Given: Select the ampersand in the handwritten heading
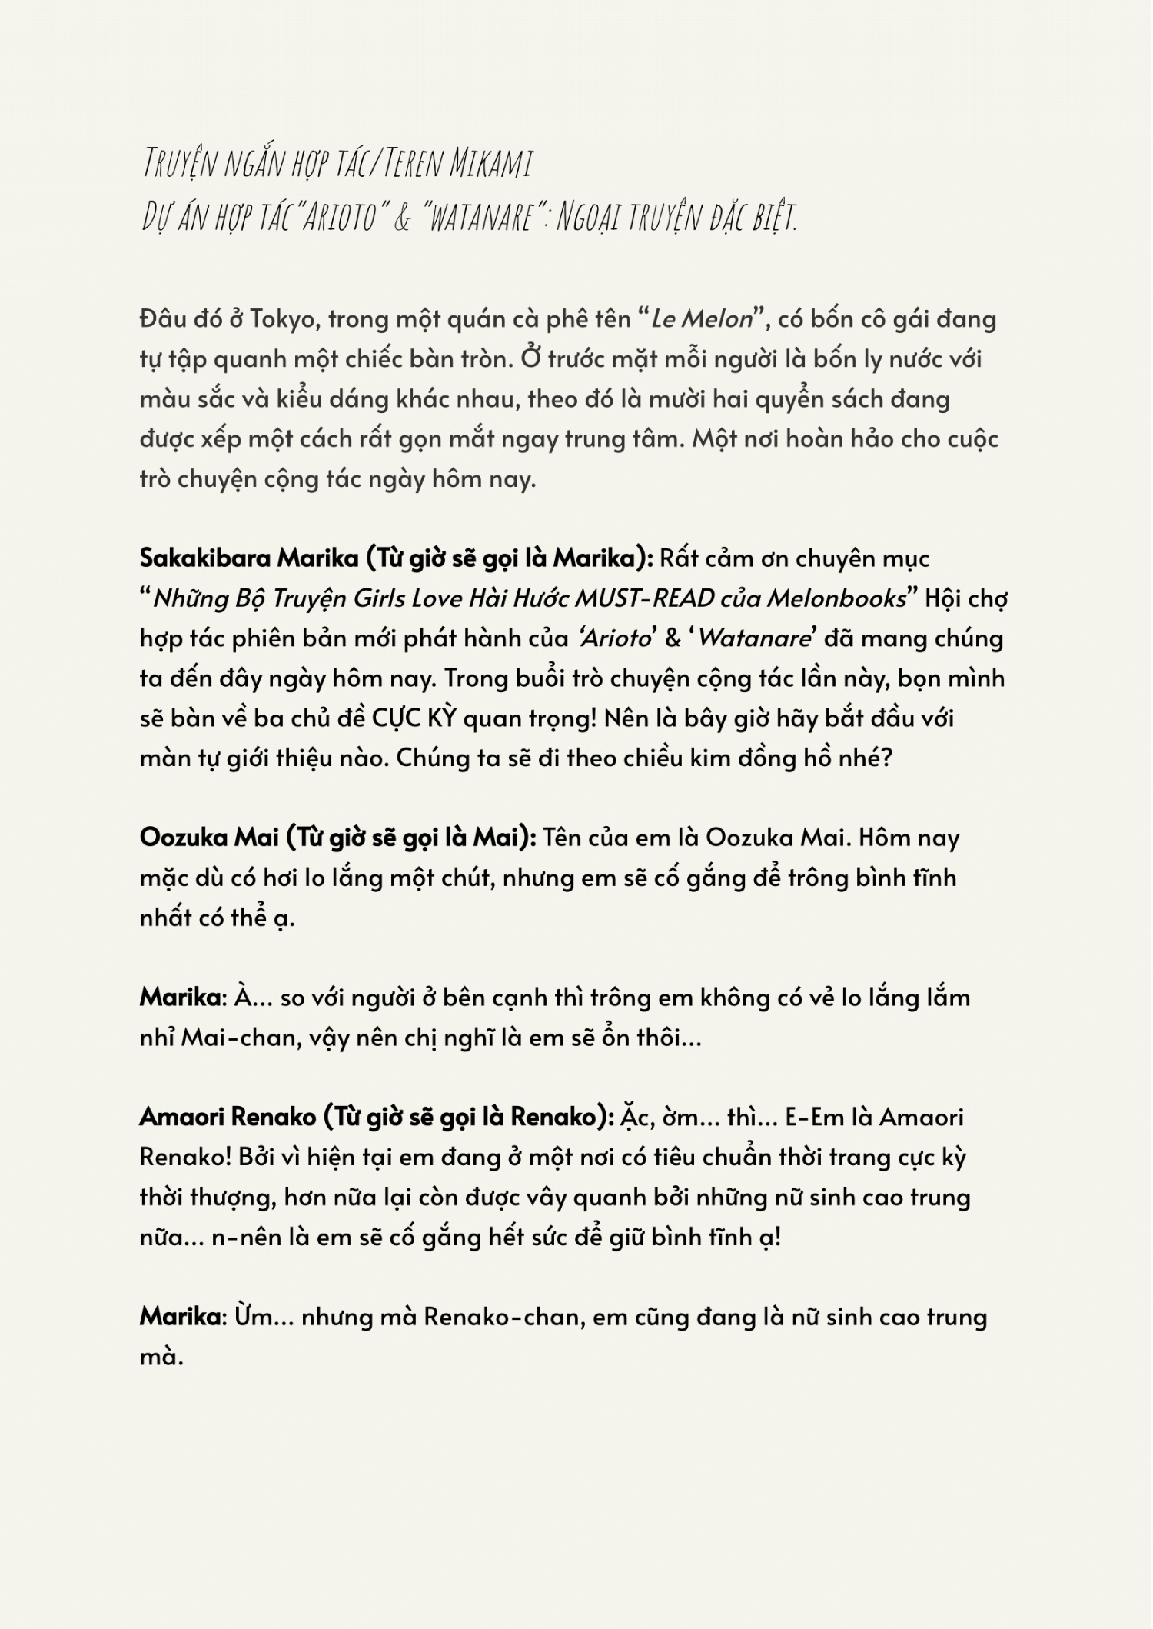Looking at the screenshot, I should (401, 218).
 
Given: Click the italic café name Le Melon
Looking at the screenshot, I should (702, 319).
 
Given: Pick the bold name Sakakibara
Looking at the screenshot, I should (205, 558).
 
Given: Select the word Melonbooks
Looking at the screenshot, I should (837, 598).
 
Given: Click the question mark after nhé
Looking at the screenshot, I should (886, 758).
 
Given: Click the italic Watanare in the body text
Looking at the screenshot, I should (754, 638).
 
